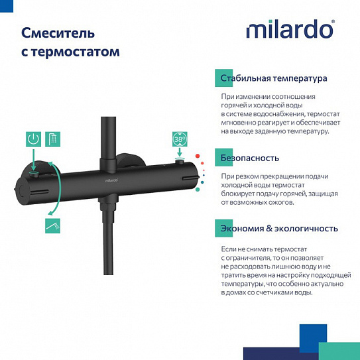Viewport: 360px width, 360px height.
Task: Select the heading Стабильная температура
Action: (x=274, y=78)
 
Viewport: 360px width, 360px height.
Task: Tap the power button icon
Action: (x=33, y=139)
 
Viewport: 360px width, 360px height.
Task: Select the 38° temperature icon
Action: (x=179, y=139)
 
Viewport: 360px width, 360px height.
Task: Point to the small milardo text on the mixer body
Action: (x=113, y=180)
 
